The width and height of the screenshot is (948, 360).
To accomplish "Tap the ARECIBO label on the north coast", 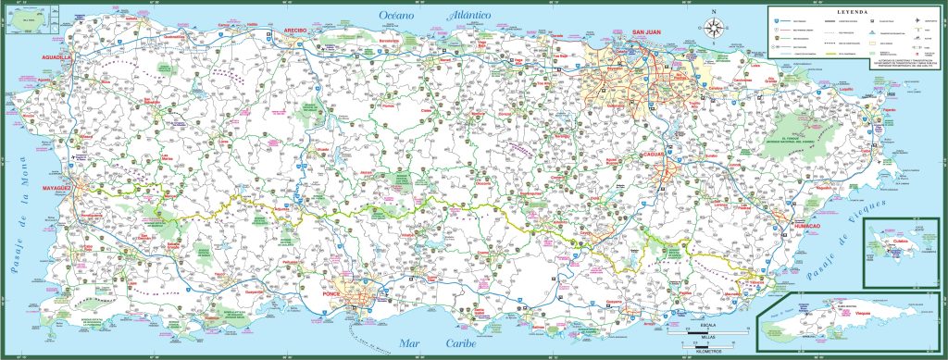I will (294, 31).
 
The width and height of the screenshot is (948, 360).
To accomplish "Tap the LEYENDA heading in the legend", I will (846, 11).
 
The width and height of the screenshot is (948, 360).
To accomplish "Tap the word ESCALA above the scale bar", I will (708, 326).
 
